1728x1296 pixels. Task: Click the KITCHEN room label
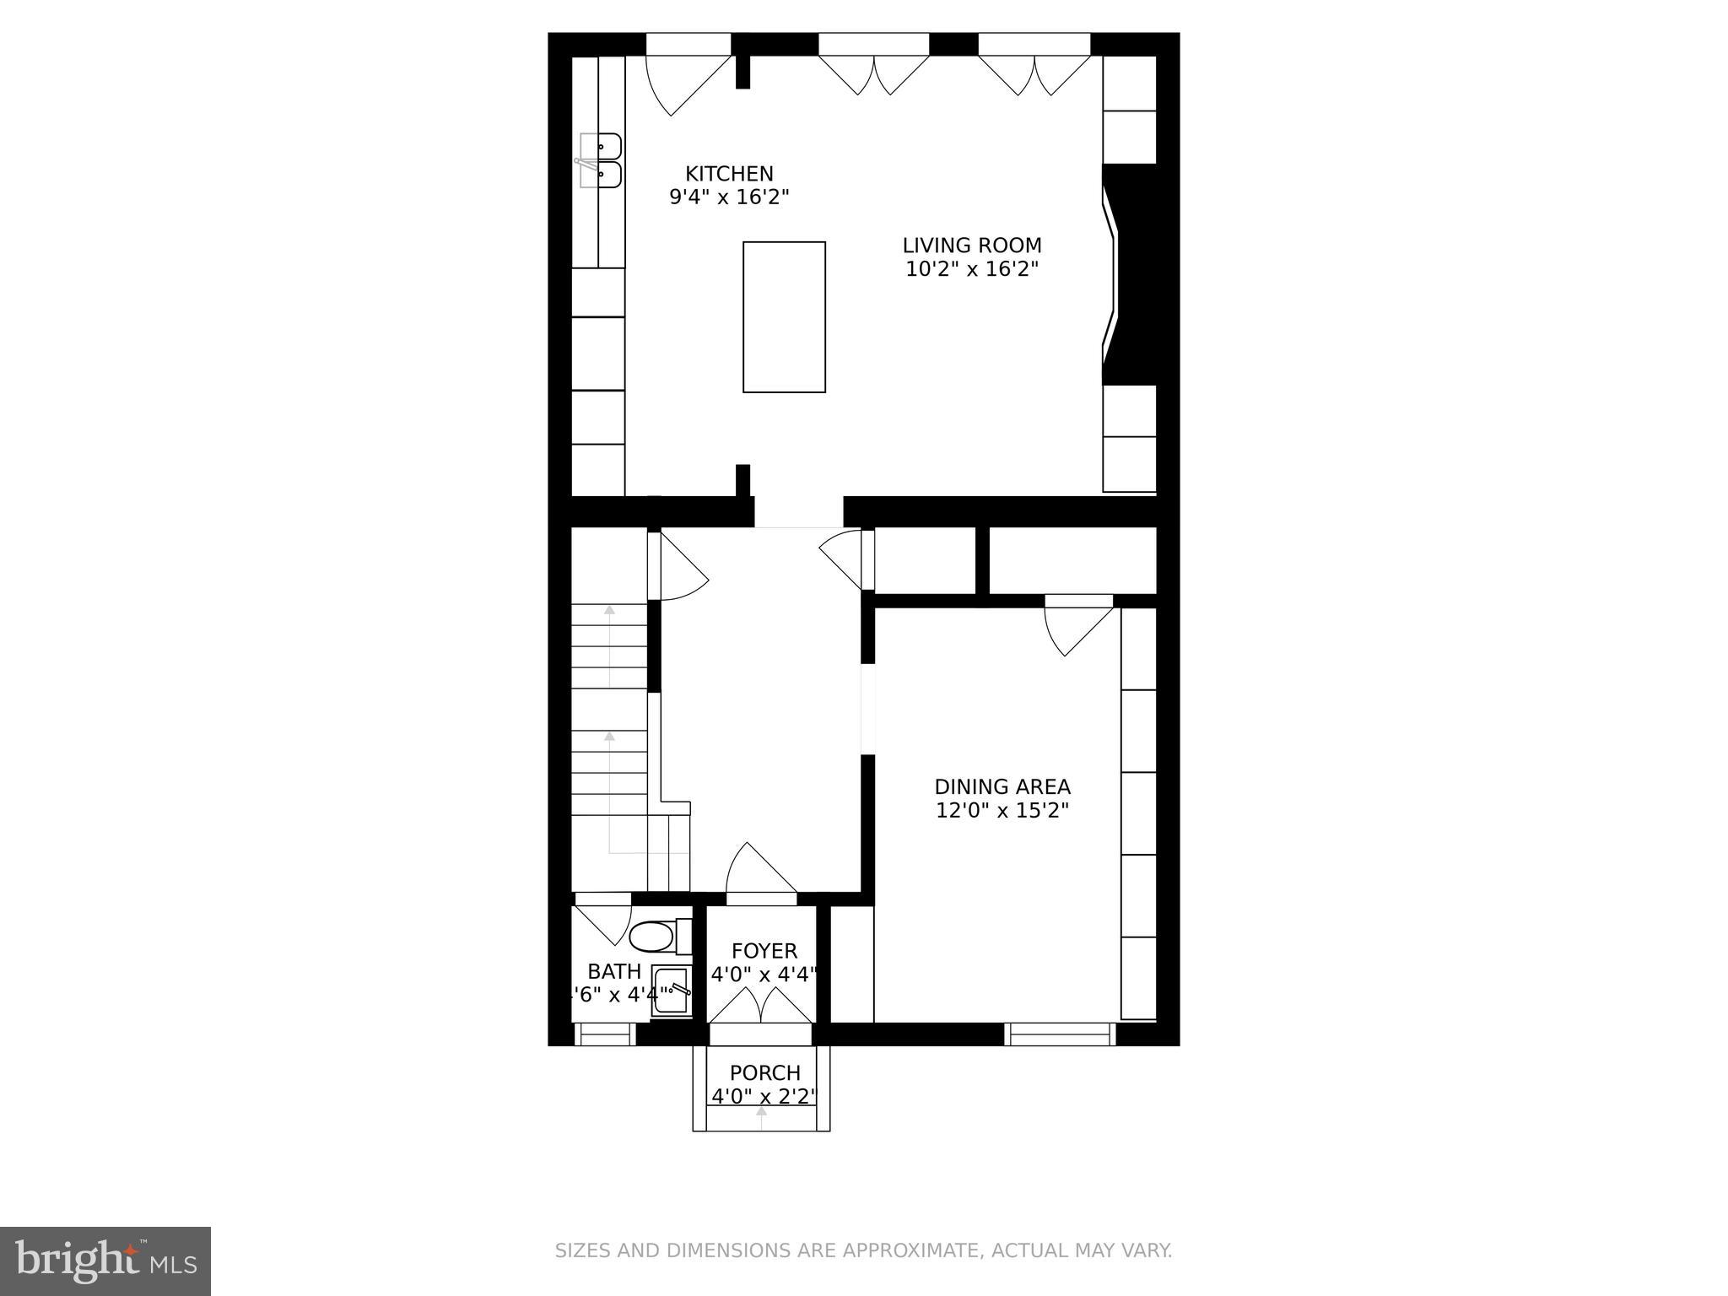tap(729, 174)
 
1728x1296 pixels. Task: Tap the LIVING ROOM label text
tap(972, 246)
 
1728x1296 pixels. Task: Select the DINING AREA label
tap(1002, 787)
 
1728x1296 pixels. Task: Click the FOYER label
tap(764, 951)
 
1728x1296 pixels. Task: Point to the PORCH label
tap(764, 1073)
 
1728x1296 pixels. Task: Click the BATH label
tap(614, 971)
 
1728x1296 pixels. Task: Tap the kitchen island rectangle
tap(784, 317)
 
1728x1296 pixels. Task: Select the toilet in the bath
tap(654, 936)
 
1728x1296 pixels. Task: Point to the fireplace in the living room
tap(1129, 274)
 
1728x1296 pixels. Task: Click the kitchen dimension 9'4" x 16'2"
tap(729, 197)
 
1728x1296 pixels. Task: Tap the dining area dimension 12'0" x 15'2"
tap(1002, 811)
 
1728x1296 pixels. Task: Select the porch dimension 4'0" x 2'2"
tap(764, 1097)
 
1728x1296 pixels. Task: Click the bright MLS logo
tap(105, 1261)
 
